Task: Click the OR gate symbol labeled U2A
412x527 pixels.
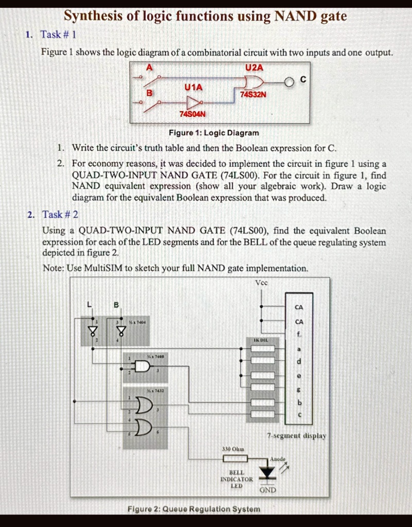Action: coord(254,81)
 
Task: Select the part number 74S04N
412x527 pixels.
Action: coord(192,113)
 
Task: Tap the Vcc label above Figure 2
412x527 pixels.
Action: coord(261,283)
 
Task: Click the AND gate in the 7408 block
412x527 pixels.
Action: coord(141,366)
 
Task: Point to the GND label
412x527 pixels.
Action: coord(267,490)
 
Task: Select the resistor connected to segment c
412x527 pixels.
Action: coord(263,414)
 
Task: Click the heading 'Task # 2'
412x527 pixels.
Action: coord(60,214)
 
